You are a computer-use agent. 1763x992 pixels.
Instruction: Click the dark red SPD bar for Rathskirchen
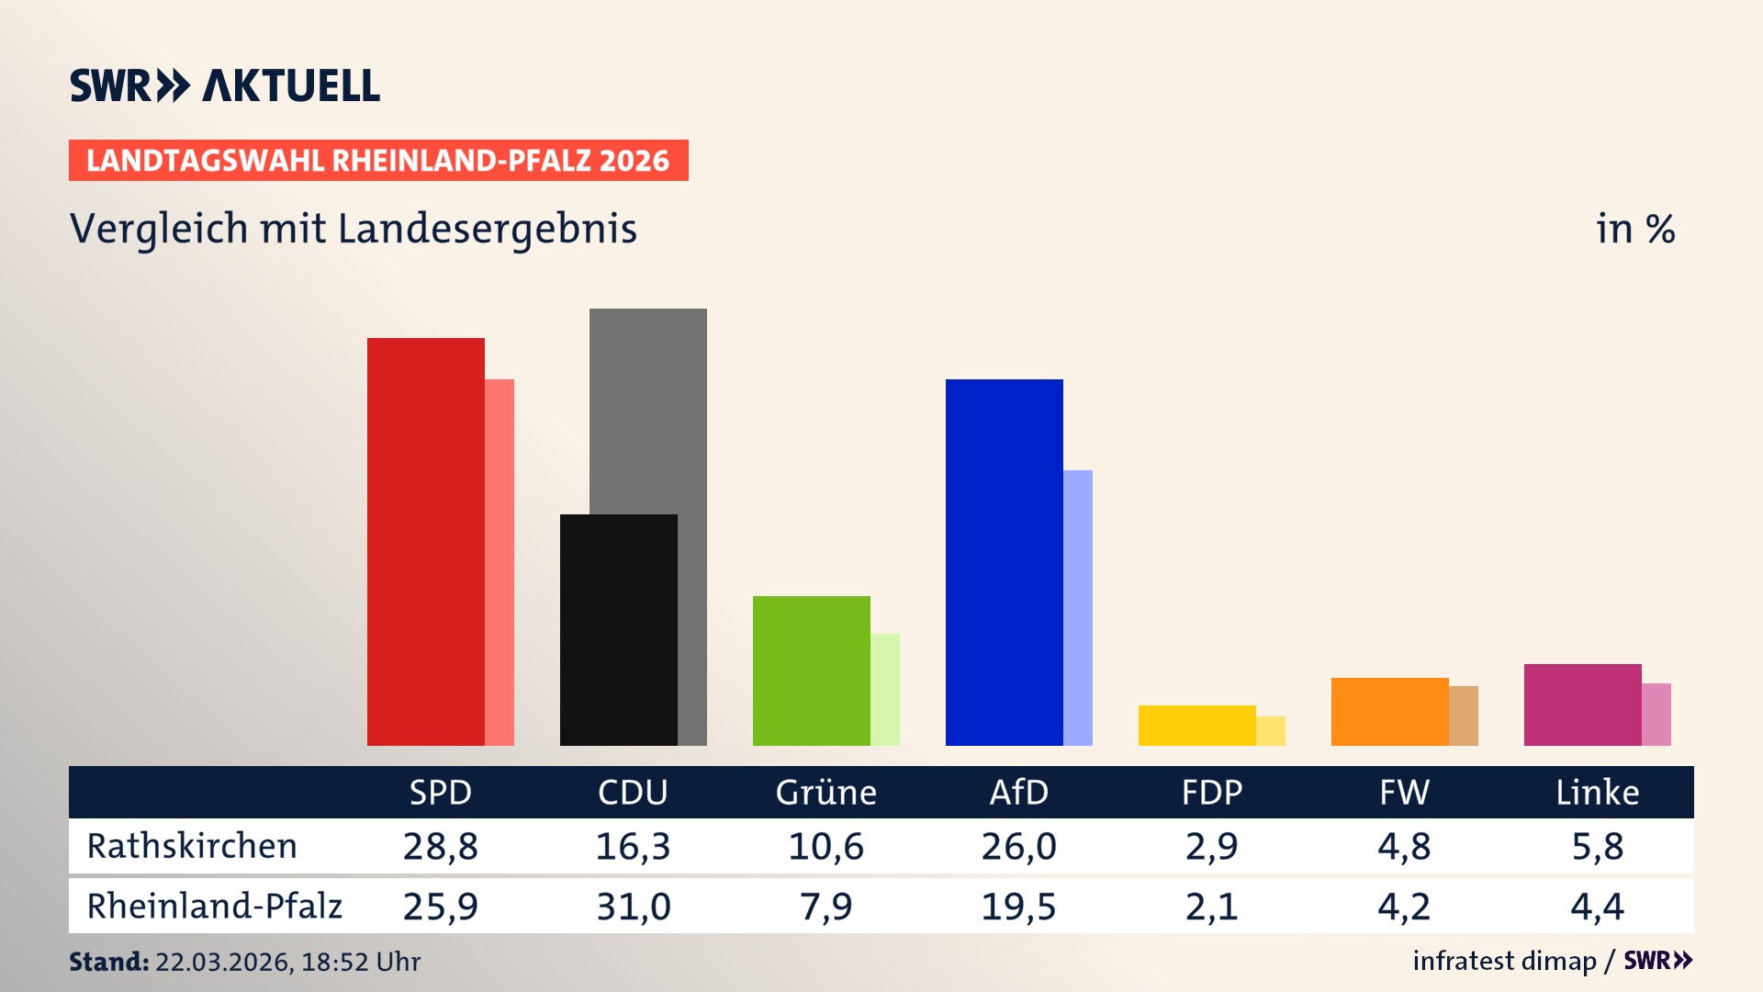pos(426,542)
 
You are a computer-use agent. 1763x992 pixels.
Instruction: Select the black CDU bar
pos(619,630)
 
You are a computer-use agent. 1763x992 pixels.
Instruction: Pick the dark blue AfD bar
pos(1005,562)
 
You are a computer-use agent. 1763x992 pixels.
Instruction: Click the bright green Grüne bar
pos(812,671)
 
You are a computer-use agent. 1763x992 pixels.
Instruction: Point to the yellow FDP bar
pos(1197,726)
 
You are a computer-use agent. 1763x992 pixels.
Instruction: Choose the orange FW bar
pos(1390,712)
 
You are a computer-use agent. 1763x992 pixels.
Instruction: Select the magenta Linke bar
pos(1583,705)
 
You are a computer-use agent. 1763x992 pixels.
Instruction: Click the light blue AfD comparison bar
pos(1078,607)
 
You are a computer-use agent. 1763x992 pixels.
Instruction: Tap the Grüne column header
pos(825,793)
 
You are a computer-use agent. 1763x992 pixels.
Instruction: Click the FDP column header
pos(1211,793)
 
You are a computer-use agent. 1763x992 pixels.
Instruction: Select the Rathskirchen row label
pos(192,846)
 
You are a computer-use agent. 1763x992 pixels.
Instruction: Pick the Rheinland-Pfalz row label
pos(214,907)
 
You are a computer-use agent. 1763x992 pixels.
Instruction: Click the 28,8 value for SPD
pos(441,846)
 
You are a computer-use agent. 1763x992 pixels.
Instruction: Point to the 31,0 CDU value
pos(634,907)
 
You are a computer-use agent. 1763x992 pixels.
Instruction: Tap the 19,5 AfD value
pos(1018,907)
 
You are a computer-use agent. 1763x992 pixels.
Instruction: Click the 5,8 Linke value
pos(1598,846)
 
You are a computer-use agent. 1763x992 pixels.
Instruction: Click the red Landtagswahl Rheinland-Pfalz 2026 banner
pos(378,161)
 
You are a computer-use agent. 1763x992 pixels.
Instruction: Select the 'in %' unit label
pos(1635,230)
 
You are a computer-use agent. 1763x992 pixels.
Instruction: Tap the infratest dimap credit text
pos(1504,961)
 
